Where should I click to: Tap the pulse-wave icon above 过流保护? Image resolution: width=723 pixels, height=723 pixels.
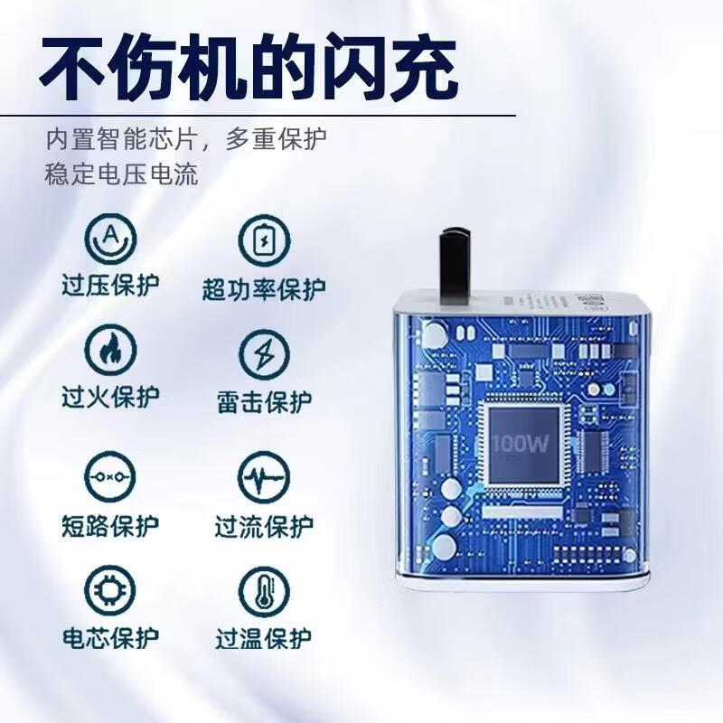tap(264, 476)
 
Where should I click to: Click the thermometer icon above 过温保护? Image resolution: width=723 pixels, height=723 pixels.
tap(264, 591)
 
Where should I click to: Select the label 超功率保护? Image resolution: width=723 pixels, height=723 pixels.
tap(264, 289)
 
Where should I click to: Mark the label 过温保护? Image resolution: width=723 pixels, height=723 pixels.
tap(264, 639)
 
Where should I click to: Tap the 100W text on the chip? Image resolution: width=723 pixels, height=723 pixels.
tap(521, 444)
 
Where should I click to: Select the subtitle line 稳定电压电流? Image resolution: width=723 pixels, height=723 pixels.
tap(121, 174)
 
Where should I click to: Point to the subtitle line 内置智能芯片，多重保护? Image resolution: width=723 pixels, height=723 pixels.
tap(186, 139)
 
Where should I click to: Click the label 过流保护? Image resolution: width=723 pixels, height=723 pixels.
tap(264, 525)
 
